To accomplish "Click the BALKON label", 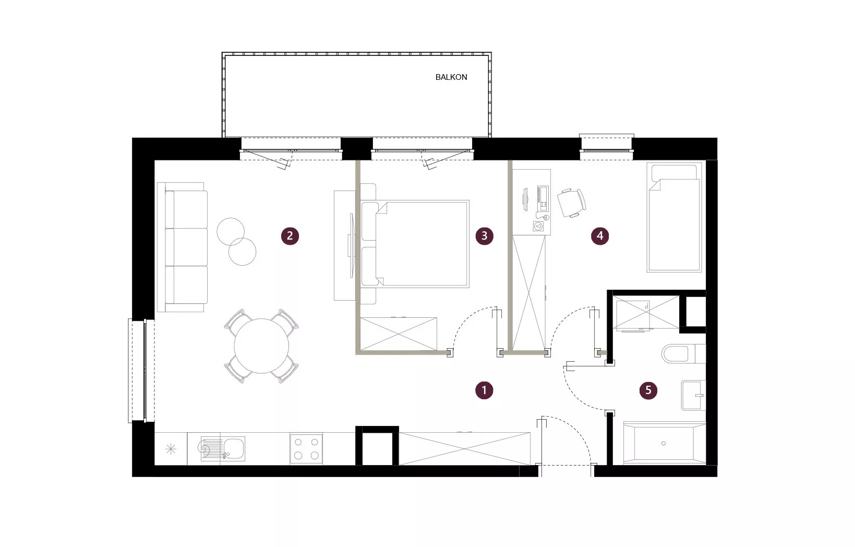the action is [x=451, y=77].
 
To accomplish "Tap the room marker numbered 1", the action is [x=484, y=390].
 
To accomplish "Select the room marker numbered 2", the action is [x=290, y=236].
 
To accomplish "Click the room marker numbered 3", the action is [x=484, y=236].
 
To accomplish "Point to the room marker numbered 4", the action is [x=599, y=236].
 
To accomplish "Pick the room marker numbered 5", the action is [x=648, y=390].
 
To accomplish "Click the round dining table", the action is [x=261, y=346].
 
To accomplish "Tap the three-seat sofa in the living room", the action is [x=183, y=247].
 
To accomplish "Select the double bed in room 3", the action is [x=415, y=244].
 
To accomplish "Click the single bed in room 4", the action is [x=675, y=217].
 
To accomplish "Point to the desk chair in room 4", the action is [x=571, y=203].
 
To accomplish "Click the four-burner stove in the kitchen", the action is [x=306, y=448].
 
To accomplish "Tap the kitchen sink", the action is [x=223, y=449].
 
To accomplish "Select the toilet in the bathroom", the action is [x=683, y=354].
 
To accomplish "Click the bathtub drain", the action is [x=664, y=444].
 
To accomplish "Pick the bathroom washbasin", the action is [x=693, y=395].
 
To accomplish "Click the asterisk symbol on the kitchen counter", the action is [x=171, y=449].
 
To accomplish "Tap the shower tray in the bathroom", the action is [x=646, y=312].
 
